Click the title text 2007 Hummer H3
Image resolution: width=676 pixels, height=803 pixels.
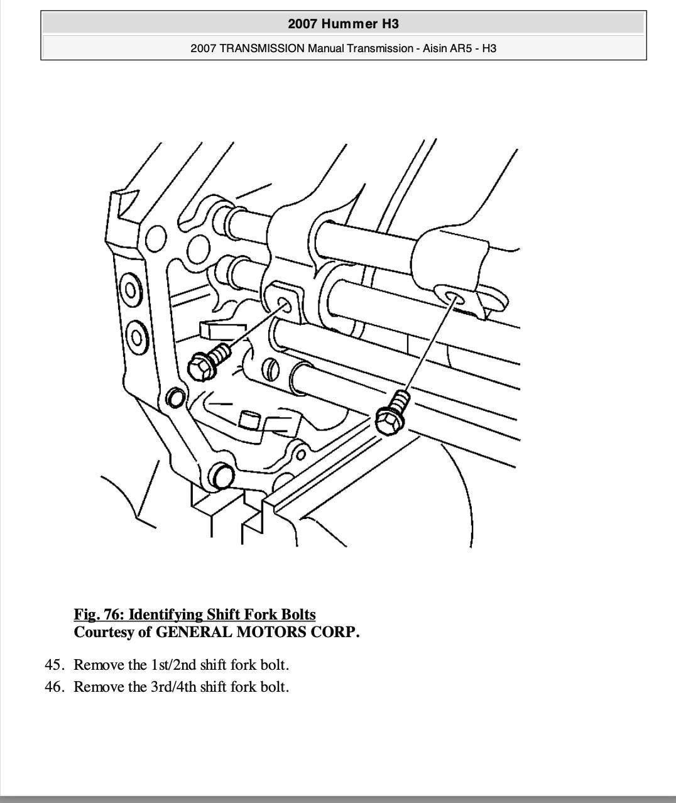(x=343, y=24)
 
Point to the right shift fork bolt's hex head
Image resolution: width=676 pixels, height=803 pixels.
(x=389, y=420)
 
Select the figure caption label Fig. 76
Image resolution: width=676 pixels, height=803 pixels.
(x=98, y=614)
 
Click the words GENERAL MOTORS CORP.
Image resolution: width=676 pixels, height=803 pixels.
(x=258, y=631)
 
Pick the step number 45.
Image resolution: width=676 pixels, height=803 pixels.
(x=54, y=665)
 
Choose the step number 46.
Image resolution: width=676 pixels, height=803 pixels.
(x=54, y=687)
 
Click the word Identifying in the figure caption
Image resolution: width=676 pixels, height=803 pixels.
(x=166, y=614)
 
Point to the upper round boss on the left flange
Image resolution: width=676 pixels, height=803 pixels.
(x=131, y=290)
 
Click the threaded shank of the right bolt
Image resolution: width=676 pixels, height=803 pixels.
(x=401, y=399)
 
